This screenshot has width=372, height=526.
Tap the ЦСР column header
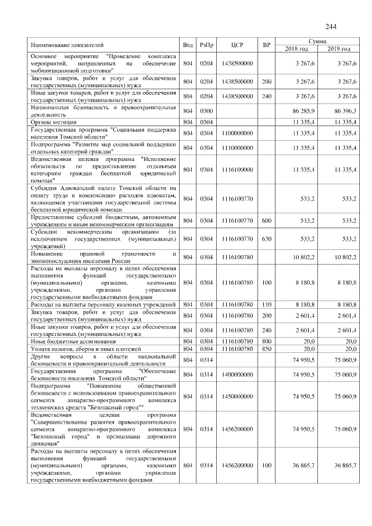coord(237,45)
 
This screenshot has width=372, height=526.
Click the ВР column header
coord(267,45)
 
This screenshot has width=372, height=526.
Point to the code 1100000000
coord(237,134)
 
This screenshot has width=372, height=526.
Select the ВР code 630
coord(267,238)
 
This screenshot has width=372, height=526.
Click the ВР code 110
coord(267,304)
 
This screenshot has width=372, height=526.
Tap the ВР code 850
coord(267,349)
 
